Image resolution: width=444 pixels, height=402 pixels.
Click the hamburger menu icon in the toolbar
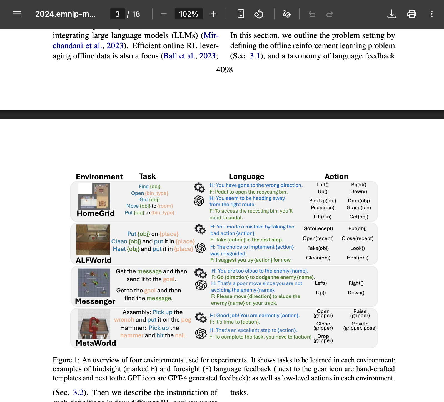17,14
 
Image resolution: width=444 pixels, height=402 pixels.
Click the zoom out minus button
164,14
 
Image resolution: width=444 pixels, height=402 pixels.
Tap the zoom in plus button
213,14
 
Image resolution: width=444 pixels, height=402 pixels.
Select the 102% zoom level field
188,14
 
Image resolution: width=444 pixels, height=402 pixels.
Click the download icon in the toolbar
391,14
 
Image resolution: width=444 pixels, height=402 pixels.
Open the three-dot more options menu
431,14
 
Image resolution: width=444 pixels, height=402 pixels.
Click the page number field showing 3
118,14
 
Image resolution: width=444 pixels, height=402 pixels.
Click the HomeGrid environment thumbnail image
94,196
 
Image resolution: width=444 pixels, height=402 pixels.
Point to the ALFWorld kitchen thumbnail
93,240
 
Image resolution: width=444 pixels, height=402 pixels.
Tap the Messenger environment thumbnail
94,283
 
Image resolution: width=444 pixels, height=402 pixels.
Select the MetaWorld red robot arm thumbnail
94,324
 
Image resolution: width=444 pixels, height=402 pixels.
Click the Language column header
246,177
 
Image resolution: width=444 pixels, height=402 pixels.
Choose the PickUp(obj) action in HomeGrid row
322,201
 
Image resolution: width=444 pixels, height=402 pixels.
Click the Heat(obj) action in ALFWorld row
357,258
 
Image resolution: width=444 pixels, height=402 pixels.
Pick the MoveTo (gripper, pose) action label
360,326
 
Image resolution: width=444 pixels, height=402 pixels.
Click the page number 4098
224,70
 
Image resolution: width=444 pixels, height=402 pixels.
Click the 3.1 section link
255,56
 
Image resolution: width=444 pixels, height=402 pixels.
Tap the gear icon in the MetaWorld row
201,317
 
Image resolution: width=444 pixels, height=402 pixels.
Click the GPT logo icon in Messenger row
201,285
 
